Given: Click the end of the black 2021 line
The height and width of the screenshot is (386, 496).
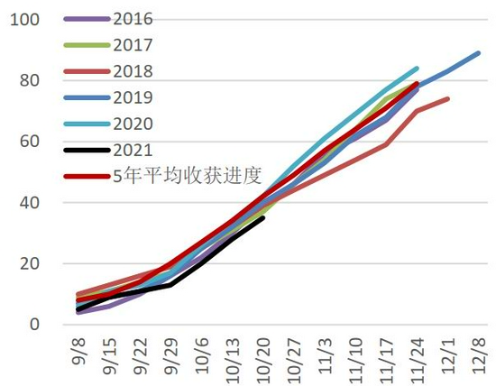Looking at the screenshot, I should tap(262, 217).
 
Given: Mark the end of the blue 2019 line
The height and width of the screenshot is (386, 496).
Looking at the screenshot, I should tap(479, 52).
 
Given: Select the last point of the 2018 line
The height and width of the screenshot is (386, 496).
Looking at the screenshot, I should tap(448, 98).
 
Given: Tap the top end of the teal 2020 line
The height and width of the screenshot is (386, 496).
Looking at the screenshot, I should tap(418, 68).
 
